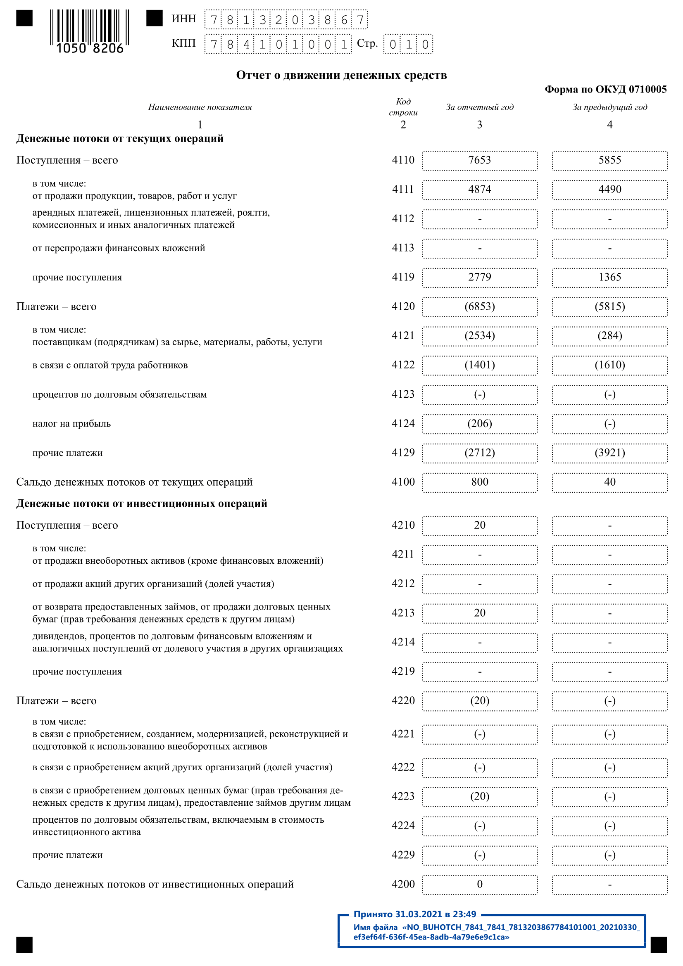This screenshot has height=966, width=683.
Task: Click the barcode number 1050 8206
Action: pos(90,48)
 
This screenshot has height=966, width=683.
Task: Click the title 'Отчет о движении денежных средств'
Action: pos(341,75)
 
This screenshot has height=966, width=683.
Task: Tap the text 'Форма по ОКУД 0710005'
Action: pos(605,89)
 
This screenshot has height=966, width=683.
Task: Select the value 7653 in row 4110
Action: pos(479,160)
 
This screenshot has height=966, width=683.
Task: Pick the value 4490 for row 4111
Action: pos(609,189)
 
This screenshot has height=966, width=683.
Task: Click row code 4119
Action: pos(403,277)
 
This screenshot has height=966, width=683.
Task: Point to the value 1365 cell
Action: pos(609,277)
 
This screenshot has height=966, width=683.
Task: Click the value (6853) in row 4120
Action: pos(479,306)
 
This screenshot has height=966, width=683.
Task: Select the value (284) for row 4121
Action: pos(609,336)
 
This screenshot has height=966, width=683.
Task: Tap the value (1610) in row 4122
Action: pos(609,365)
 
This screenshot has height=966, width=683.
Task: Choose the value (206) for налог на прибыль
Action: pos(479,423)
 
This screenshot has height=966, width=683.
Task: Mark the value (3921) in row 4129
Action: pos(609,453)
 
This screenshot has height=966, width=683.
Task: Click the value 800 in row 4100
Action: pos(479,482)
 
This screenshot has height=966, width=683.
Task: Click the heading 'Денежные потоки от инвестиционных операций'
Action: pos(141,503)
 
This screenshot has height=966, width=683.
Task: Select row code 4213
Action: pos(403,613)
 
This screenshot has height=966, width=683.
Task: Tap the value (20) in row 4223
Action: pos(479,796)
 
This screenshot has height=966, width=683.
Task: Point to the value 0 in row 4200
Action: pos(479,884)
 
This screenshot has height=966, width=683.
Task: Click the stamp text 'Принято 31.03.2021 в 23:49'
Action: pos(414,914)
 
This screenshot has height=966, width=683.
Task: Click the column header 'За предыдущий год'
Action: pos(609,107)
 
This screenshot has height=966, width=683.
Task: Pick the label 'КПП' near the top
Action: pos(183,43)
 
